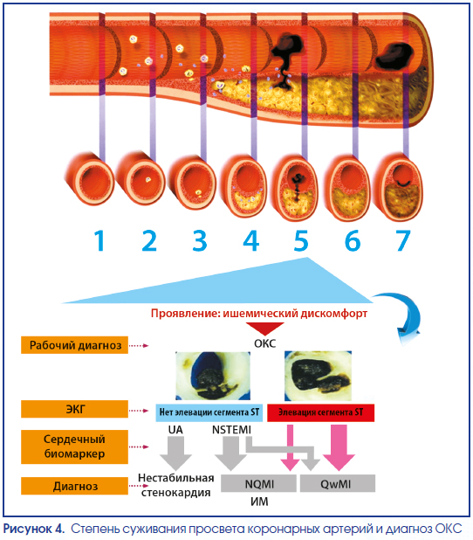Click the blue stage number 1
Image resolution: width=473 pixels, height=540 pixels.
99,240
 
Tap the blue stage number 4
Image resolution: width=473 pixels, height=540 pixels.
251,240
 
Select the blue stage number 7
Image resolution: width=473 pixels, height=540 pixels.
403,240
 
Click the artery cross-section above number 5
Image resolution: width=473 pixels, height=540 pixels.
295,187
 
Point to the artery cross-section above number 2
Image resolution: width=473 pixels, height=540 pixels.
141,178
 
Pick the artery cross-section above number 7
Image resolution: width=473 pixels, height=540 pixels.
398,187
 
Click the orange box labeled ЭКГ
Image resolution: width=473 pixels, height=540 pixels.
74,409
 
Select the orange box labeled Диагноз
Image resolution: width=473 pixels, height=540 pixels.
74,486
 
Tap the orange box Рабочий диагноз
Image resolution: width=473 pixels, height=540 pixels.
74,345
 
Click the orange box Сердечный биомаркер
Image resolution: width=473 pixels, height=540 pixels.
74,447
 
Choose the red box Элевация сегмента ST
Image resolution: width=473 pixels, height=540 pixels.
320,412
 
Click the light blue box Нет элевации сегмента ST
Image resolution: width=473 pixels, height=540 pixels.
209,412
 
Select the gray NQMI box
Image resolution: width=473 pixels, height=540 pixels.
258,483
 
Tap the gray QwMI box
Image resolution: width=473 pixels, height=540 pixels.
338,483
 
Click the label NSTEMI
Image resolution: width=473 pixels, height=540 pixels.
231,430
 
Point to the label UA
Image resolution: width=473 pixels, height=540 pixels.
175,430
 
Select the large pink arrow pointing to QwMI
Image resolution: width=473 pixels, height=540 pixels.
339,447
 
